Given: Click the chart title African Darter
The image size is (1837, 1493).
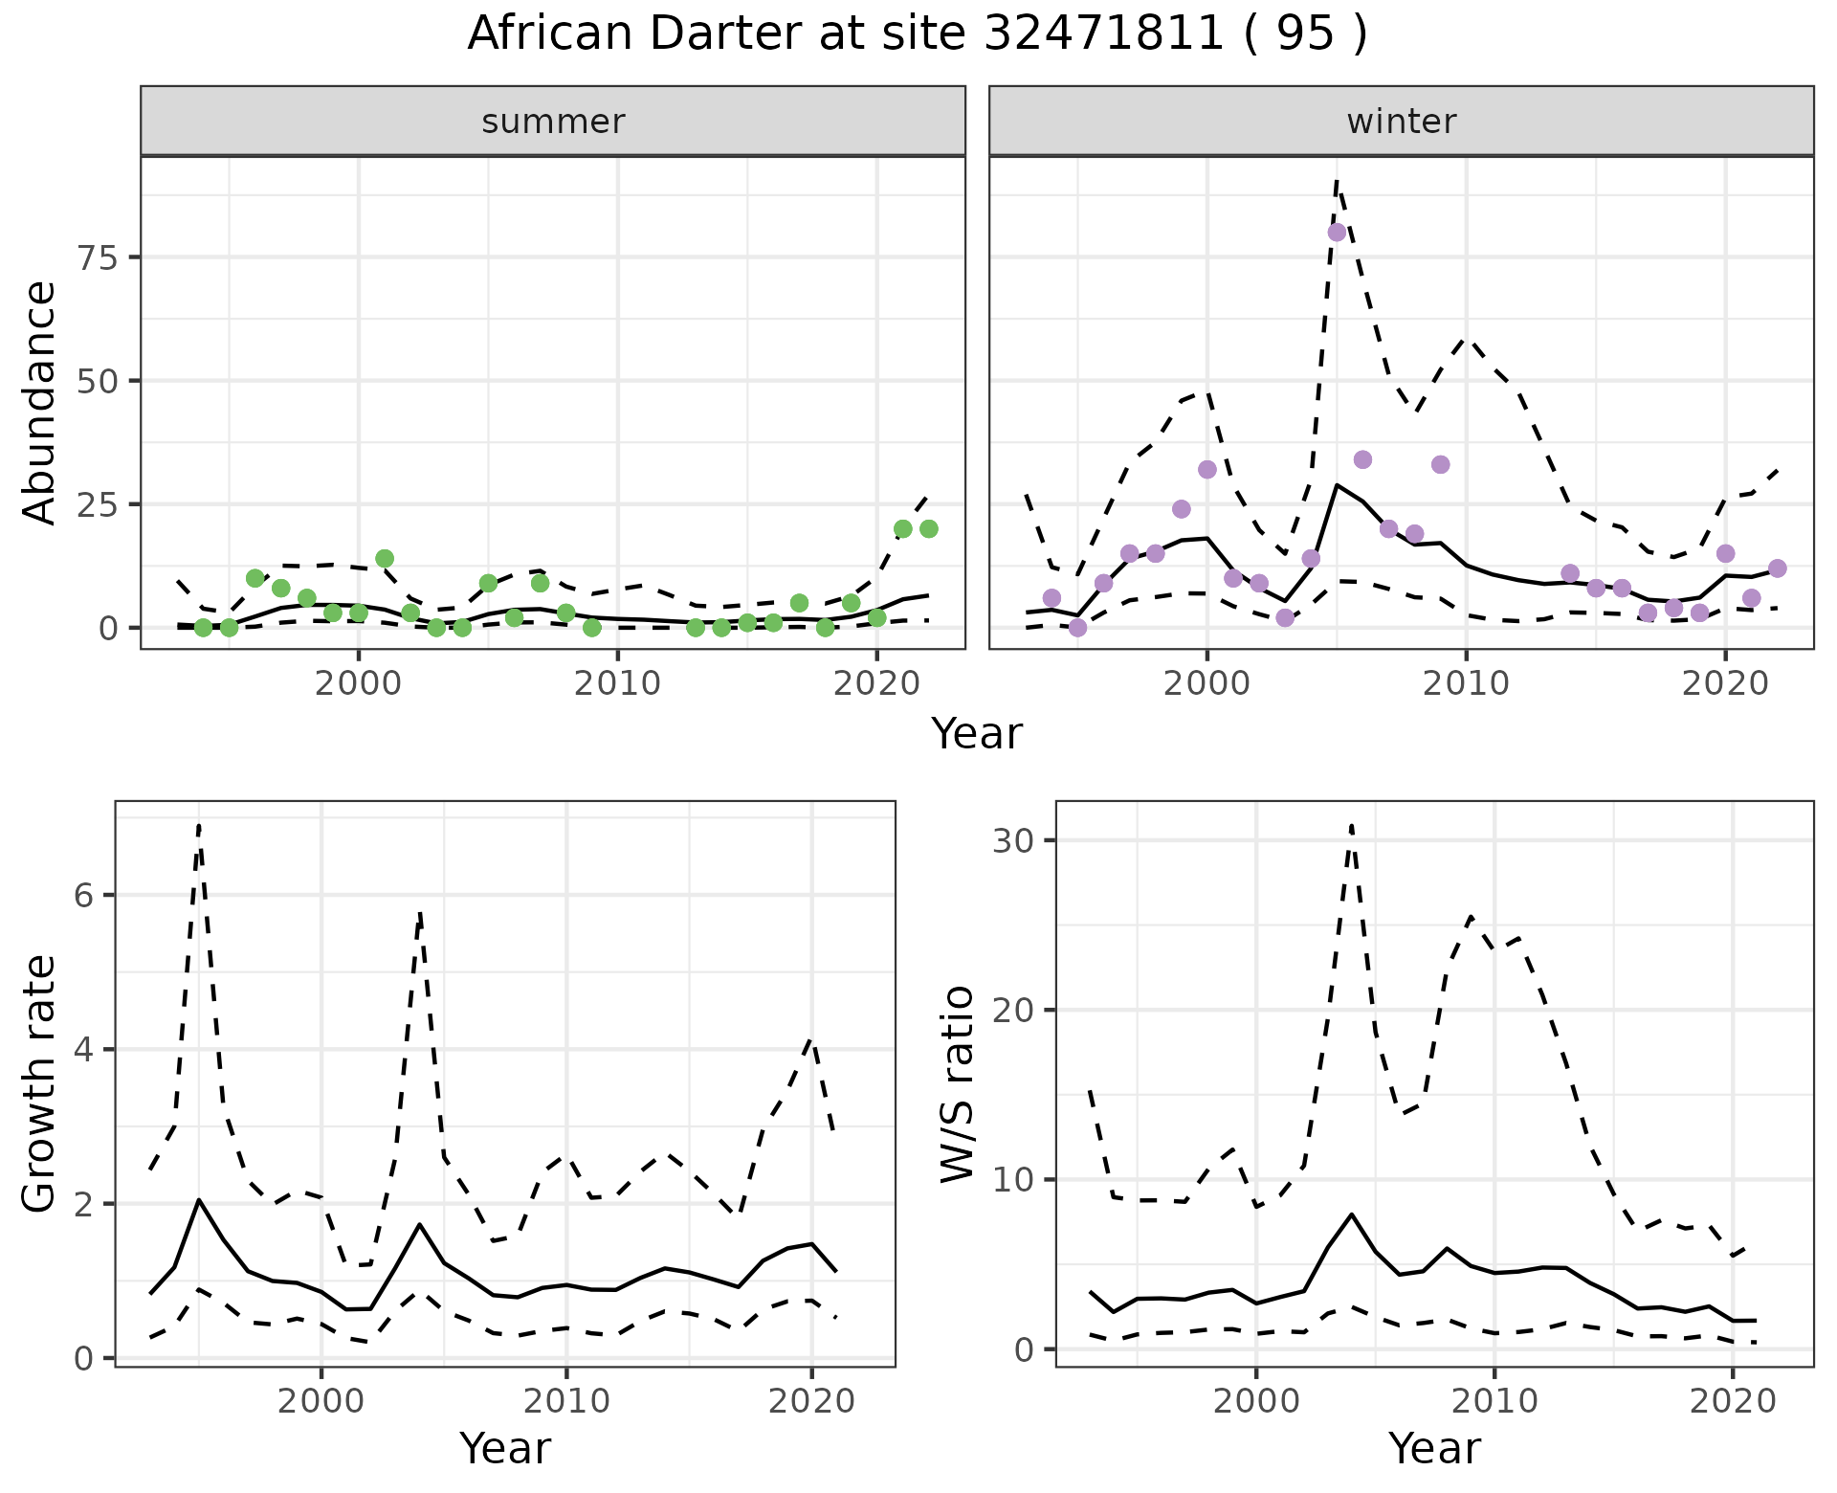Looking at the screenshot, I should point(917,34).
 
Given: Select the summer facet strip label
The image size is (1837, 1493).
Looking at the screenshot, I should point(553,122).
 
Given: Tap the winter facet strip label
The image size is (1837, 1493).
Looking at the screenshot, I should point(1401,122).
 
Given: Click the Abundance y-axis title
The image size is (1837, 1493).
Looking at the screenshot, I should point(40,402).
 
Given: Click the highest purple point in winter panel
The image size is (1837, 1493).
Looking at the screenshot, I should point(1337,232).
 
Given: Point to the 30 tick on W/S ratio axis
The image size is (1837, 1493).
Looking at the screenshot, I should point(1014,840).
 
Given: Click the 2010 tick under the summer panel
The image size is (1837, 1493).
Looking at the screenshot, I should point(617,683).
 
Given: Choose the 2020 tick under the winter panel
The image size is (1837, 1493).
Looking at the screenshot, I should point(1724,683).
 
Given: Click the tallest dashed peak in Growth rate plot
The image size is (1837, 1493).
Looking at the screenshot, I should point(199,825).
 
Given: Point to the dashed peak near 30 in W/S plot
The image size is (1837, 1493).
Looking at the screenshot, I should point(1351,824).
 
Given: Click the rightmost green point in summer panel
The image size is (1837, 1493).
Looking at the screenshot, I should point(928,528).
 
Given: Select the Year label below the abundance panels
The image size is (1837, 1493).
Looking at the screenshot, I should point(976,734).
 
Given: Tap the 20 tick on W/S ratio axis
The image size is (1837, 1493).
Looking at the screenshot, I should point(1014,1010).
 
